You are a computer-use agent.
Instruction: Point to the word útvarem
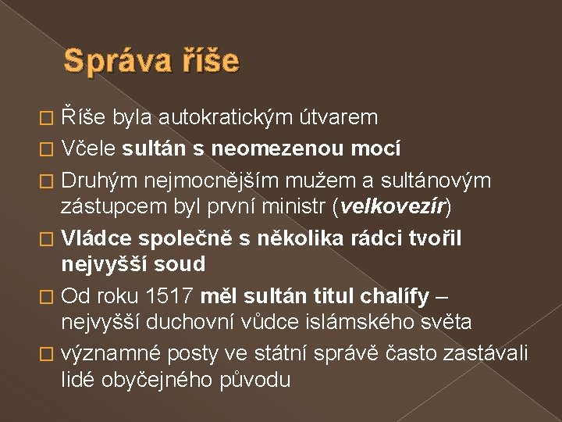point(339,118)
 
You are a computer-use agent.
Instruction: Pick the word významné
point(112,354)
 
